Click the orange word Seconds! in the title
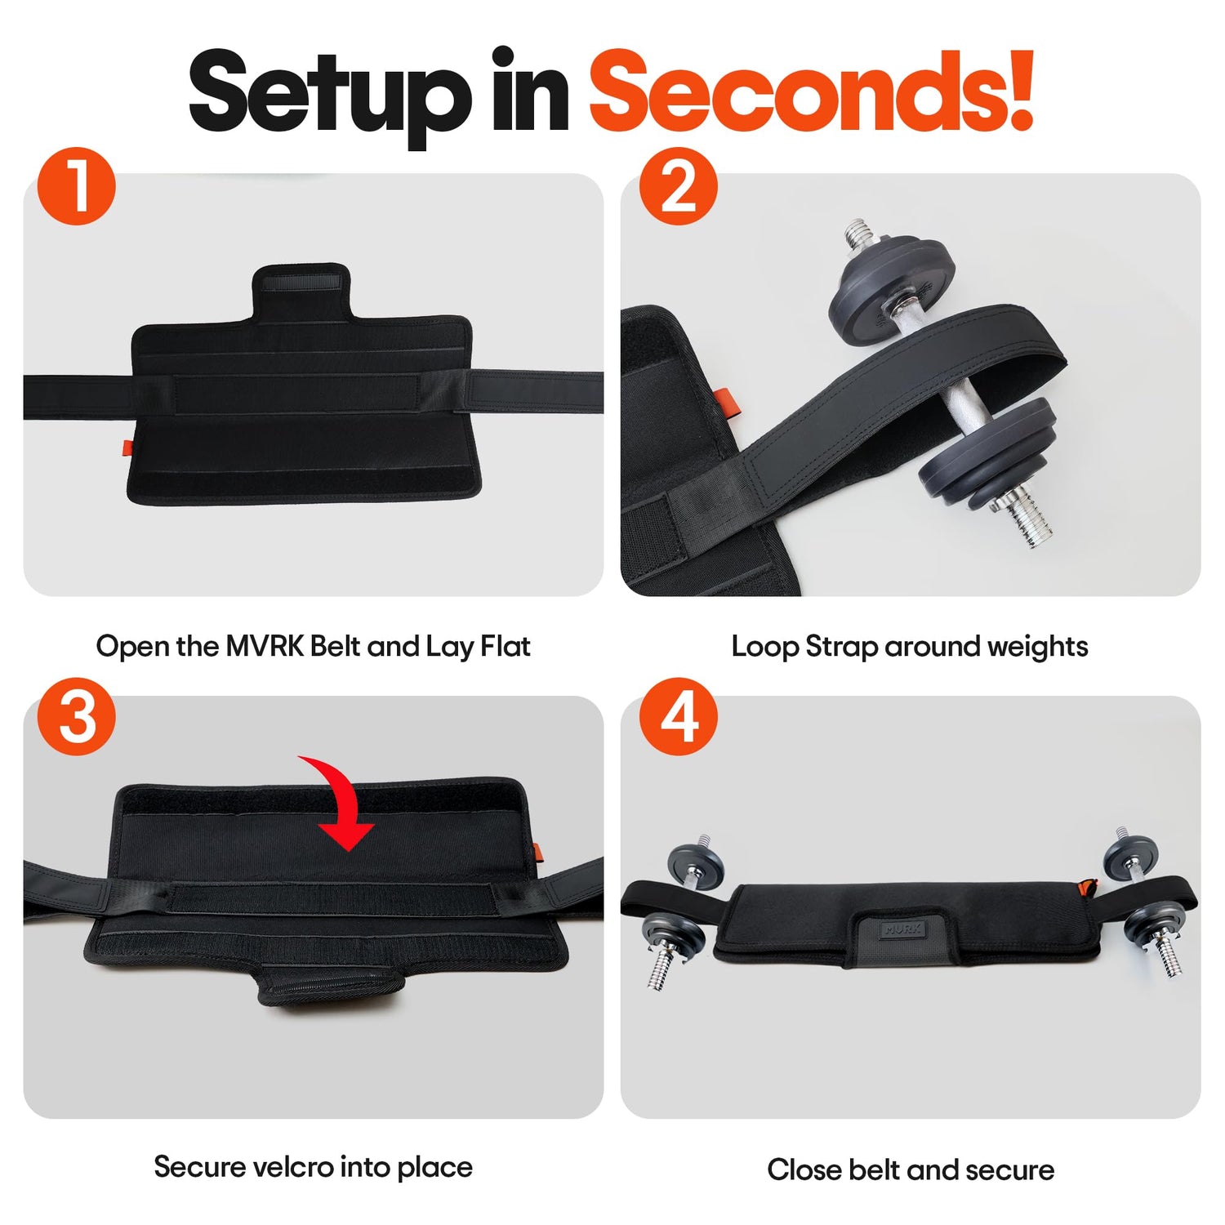[812, 91]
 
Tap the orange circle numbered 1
[77, 186]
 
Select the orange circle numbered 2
[678, 186]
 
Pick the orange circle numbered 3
[77, 716]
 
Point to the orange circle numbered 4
[678, 716]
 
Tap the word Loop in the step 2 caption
[764, 647]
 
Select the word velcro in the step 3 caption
[292, 1167]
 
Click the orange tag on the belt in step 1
[127, 448]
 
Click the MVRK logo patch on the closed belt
[902, 929]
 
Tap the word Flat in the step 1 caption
[505, 647]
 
